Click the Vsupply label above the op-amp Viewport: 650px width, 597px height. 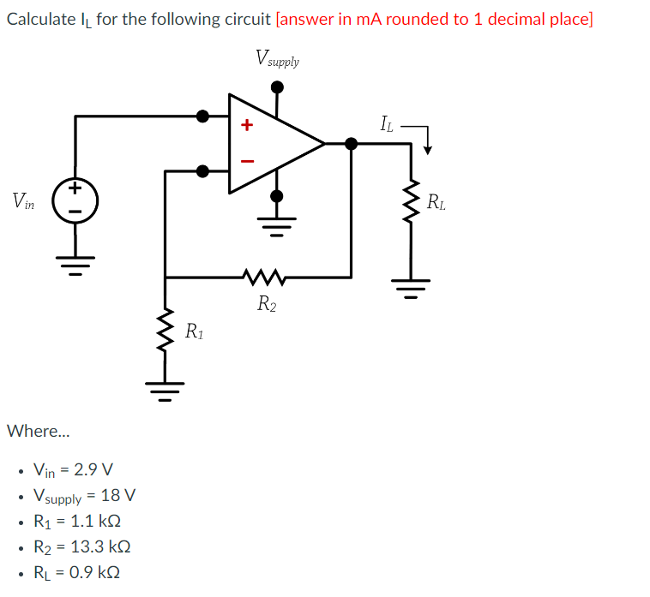pyautogui.click(x=277, y=59)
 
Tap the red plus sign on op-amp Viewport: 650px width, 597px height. pyautogui.click(x=247, y=126)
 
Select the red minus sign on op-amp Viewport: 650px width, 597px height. pyautogui.click(x=247, y=160)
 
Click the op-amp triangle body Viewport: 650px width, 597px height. pyautogui.click(x=270, y=143)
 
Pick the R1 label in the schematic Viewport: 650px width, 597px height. pyautogui.click(x=195, y=331)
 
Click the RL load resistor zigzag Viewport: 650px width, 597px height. pyautogui.click(x=411, y=204)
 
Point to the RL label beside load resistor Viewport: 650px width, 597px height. pyautogui.click(x=436, y=203)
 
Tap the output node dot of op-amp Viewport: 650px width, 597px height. pyautogui.click(x=351, y=143)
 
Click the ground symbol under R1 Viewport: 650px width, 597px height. pyautogui.click(x=165, y=391)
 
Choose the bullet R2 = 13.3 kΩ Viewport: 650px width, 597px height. pyautogui.click(x=81, y=546)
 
